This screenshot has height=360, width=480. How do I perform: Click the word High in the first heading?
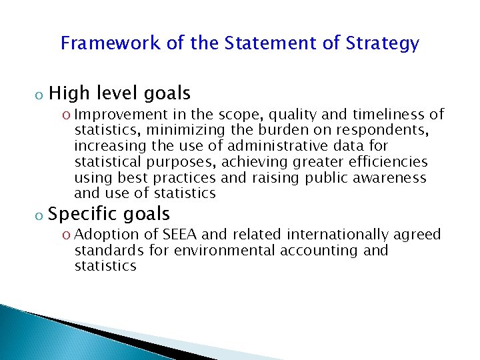[71, 93]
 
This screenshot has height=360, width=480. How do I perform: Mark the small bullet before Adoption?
[68, 235]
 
